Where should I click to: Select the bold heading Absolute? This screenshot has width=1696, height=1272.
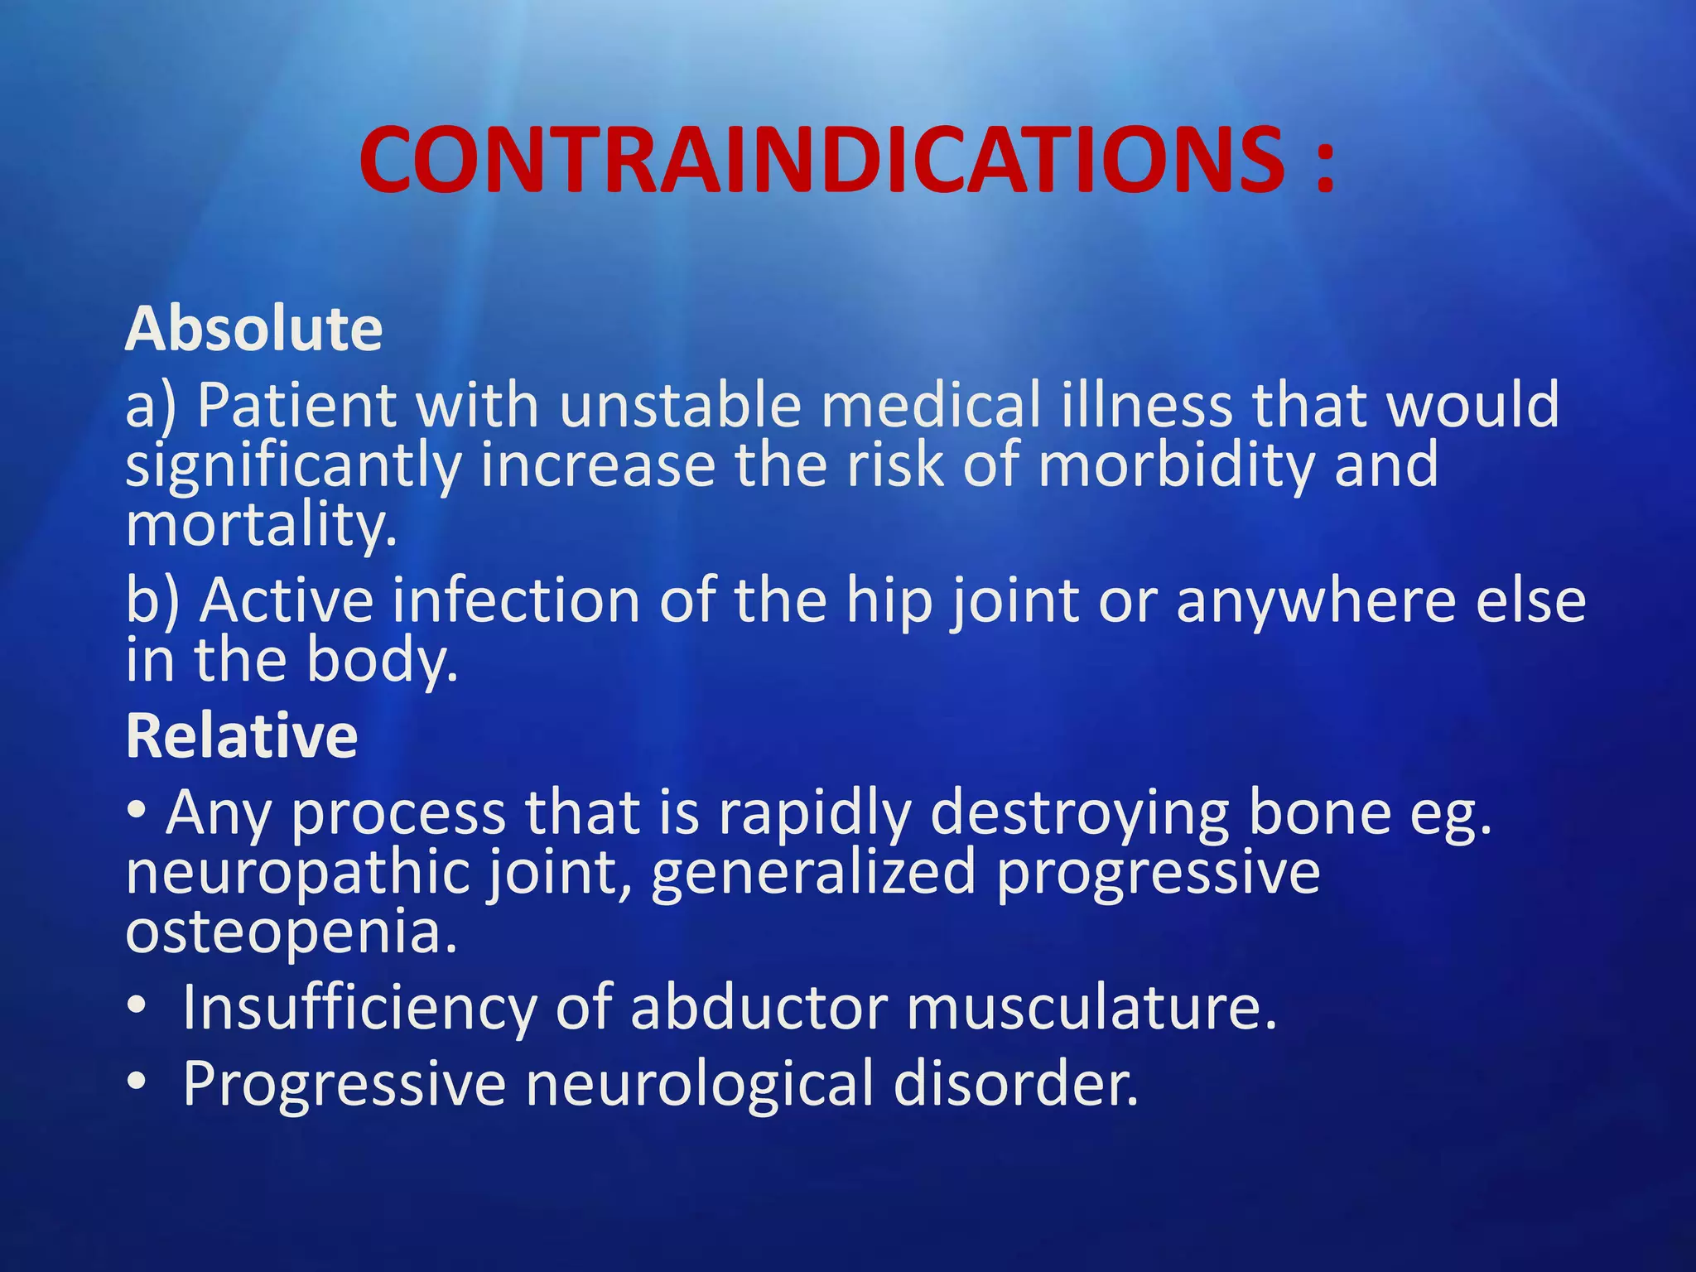(253, 329)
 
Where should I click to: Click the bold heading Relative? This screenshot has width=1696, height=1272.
(242, 735)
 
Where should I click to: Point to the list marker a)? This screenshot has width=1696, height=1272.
(150, 406)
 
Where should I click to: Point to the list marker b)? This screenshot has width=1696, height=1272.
(152, 600)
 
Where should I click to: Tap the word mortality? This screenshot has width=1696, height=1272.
(260, 525)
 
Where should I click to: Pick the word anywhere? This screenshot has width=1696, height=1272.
(1316, 600)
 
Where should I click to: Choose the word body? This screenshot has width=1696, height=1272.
(380, 661)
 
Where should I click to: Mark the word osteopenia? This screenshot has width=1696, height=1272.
(290, 932)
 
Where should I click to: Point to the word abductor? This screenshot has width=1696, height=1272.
(759, 1007)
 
